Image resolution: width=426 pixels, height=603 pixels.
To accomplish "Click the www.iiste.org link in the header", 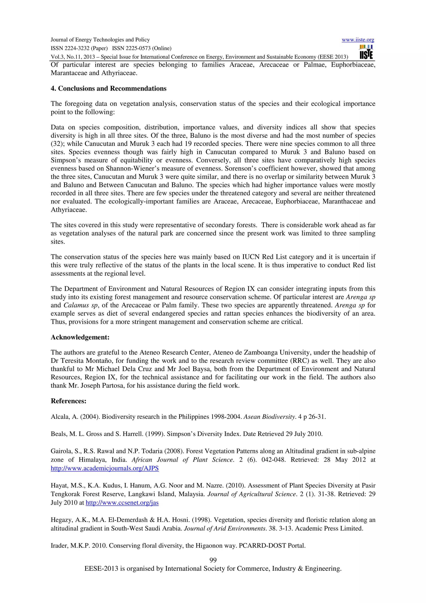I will pyautogui.click(x=358, y=40).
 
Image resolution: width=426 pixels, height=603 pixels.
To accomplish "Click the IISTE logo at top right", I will pyautogui.click(x=366, y=52).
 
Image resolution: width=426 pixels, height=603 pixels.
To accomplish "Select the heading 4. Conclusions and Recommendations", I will pyautogui.click(x=108, y=88).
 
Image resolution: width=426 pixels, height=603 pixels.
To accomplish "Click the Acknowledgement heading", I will pyautogui.click(x=80, y=337).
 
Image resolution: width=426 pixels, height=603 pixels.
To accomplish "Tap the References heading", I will pyautogui.click(x=68, y=401).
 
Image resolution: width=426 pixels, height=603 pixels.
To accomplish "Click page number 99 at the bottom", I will pyautogui.click(x=213, y=560).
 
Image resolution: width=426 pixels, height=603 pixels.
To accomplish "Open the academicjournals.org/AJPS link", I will pyautogui.click(x=105, y=468).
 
